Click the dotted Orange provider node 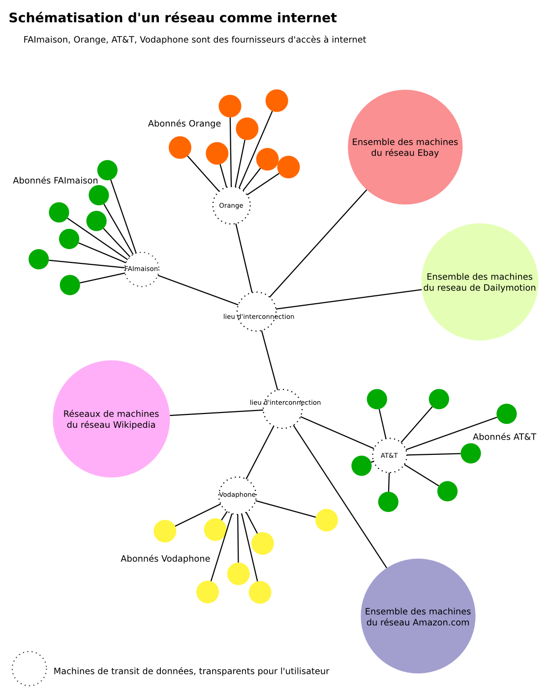pos(231,205)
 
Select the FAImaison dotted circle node pos(142,269)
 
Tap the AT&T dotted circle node pos(389,455)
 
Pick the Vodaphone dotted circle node pos(238,495)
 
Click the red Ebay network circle pos(405,147)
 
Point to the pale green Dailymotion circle pos(480,282)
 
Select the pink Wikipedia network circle pos(111,418)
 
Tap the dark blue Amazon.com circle pos(418,616)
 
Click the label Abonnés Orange pos(184,124)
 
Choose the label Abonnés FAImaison pos(56,181)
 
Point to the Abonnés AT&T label pos(504,437)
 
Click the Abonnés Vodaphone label pos(165,559)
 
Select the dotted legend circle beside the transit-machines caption pos(30,668)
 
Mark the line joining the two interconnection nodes pos(270,360)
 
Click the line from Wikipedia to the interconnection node pos(216,412)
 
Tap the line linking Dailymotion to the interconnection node pos(349,299)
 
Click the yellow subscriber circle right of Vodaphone pos(326,520)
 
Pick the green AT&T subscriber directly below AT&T pos(388,502)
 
